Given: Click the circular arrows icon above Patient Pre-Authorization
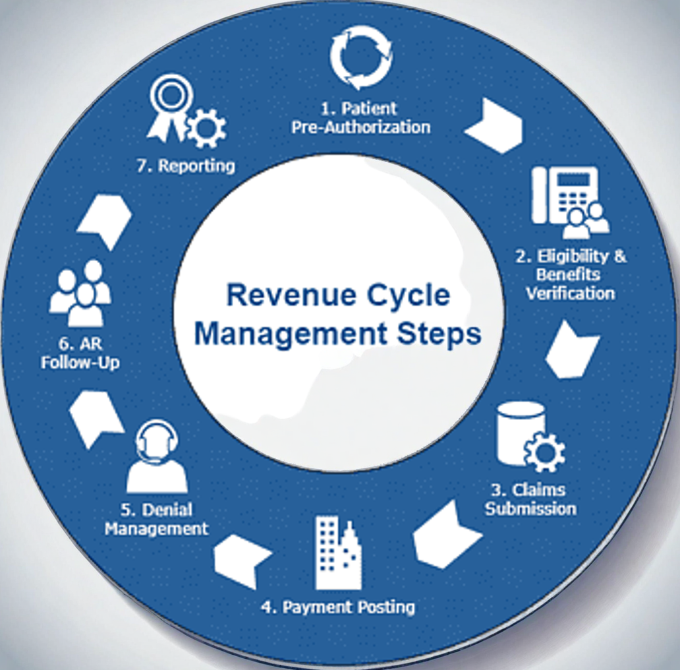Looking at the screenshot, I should pos(360,57).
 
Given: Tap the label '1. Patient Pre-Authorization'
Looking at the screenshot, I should pos(361,117).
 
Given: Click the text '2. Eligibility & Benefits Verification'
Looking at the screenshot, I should pos(571,274).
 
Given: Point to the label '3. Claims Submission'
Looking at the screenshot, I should pos(530,499).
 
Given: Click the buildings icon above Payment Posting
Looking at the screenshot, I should pos(338,553).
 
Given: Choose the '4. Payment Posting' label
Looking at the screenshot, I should pos(338,607).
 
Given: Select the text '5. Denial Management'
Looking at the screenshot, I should pos(157,519).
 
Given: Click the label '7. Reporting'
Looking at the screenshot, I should pos(186,165).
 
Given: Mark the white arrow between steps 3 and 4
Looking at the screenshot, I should pos(445,535).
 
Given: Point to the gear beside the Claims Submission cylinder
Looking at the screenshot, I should pos(544,452).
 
